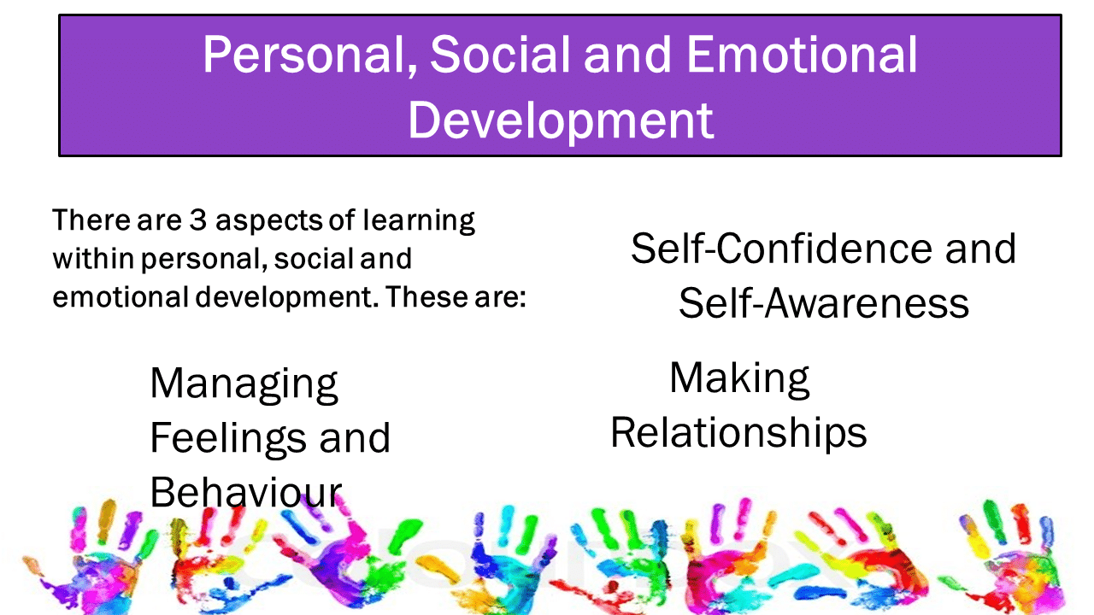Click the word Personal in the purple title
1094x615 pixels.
coord(310,55)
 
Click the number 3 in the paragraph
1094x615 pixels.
coord(197,220)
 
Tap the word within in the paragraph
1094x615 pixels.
coord(93,258)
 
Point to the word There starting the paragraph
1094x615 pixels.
coord(91,220)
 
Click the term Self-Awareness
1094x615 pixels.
coord(824,303)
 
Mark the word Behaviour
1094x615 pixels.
coord(246,492)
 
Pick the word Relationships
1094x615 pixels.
coord(738,433)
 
